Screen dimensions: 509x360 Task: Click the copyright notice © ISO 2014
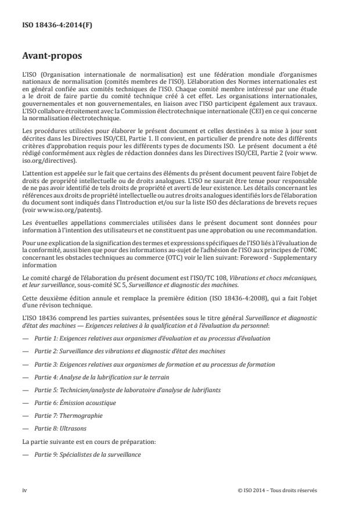click(x=278, y=490)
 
